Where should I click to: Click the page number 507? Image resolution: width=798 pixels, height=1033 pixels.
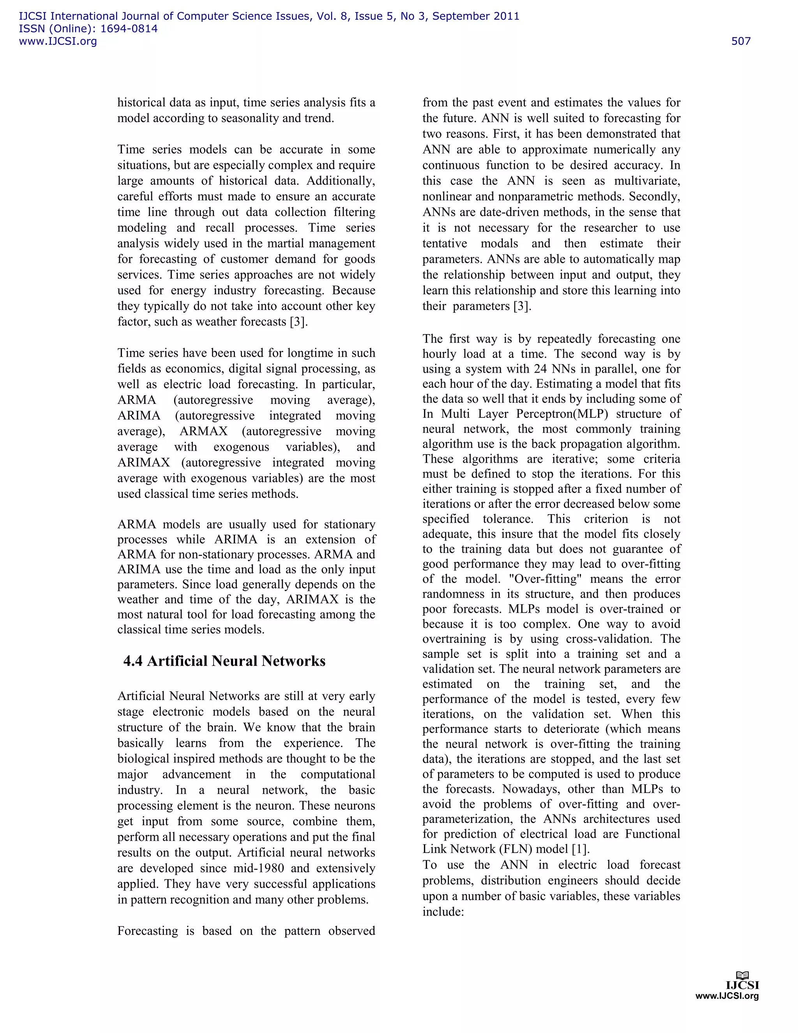[x=740, y=41]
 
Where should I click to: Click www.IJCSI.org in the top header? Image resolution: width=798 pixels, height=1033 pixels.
[x=58, y=41]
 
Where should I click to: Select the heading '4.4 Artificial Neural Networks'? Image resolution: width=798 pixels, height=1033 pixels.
[x=224, y=661]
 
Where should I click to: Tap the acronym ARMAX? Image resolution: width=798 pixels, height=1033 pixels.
[x=203, y=432]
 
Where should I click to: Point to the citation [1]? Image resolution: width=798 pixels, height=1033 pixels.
[x=580, y=849]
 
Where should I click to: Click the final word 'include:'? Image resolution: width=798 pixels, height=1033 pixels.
[x=443, y=912]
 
